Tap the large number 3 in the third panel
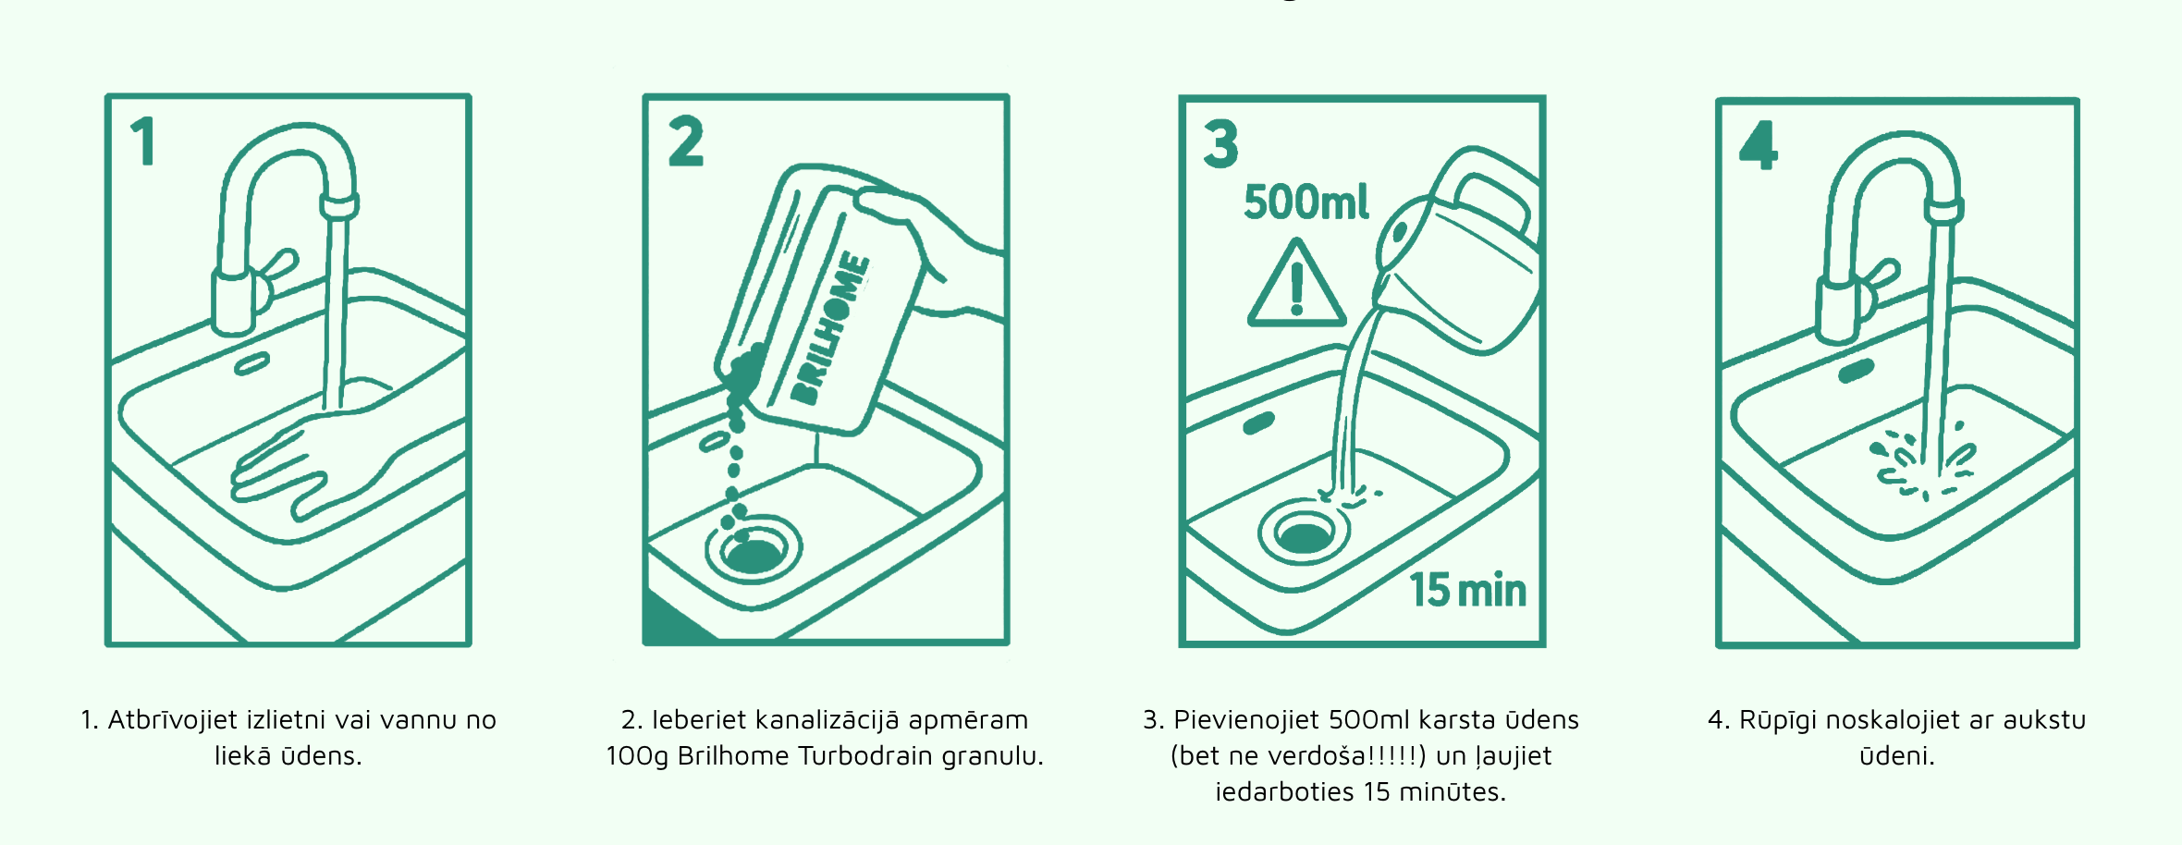[1220, 144]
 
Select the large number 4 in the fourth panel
[1758, 145]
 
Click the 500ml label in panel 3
[1306, 202]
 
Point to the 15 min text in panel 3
[1467, 590]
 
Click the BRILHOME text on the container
[830, 329]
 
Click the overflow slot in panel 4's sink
[1856, 371]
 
